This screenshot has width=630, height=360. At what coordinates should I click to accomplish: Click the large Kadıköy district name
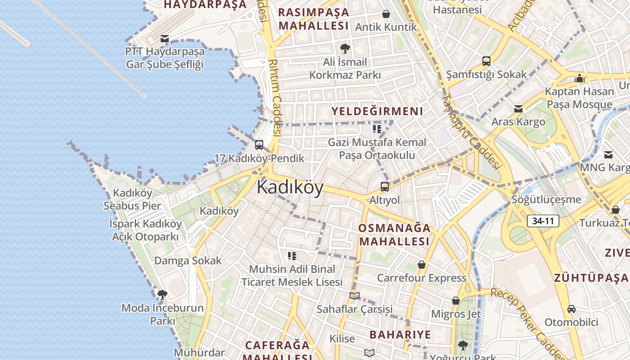pos(290,187)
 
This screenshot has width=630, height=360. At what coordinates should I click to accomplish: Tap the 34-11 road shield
pos(543,221)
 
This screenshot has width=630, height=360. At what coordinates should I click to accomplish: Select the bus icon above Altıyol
pos(384,186)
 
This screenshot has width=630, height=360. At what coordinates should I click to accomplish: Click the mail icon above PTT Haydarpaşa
pos(165,39)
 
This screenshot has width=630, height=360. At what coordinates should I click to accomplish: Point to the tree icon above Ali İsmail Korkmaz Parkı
pos(345,48)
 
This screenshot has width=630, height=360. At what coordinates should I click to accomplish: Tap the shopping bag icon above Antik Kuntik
pos(386,14)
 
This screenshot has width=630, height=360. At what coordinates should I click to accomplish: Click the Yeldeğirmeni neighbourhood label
pos(377,111)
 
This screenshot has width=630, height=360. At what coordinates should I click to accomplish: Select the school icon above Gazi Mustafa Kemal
pos(377,130)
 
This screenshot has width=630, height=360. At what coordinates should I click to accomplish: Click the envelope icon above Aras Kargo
pos(518,109)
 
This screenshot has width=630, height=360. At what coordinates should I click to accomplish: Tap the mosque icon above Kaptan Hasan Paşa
pos(579,78)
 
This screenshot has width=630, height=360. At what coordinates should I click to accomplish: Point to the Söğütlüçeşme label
pos(546,199)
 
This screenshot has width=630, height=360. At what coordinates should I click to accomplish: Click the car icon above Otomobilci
pos(571,309)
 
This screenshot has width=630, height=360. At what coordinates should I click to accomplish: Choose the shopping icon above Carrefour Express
pos(422,265)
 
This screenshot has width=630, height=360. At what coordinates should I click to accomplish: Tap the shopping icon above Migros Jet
pos(456,301)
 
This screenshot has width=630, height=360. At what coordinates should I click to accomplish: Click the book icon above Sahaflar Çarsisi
pos(355,296)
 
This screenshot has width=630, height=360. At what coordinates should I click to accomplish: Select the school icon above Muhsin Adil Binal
pos(292,256)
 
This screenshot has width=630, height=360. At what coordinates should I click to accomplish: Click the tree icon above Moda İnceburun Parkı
pos(162,295)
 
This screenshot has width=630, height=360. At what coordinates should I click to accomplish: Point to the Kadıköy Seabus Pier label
pos(132,199)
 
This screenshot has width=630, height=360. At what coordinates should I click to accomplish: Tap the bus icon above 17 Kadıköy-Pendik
pos(259,145)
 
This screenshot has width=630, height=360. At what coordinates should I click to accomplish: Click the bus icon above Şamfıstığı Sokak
pos(486,61)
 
